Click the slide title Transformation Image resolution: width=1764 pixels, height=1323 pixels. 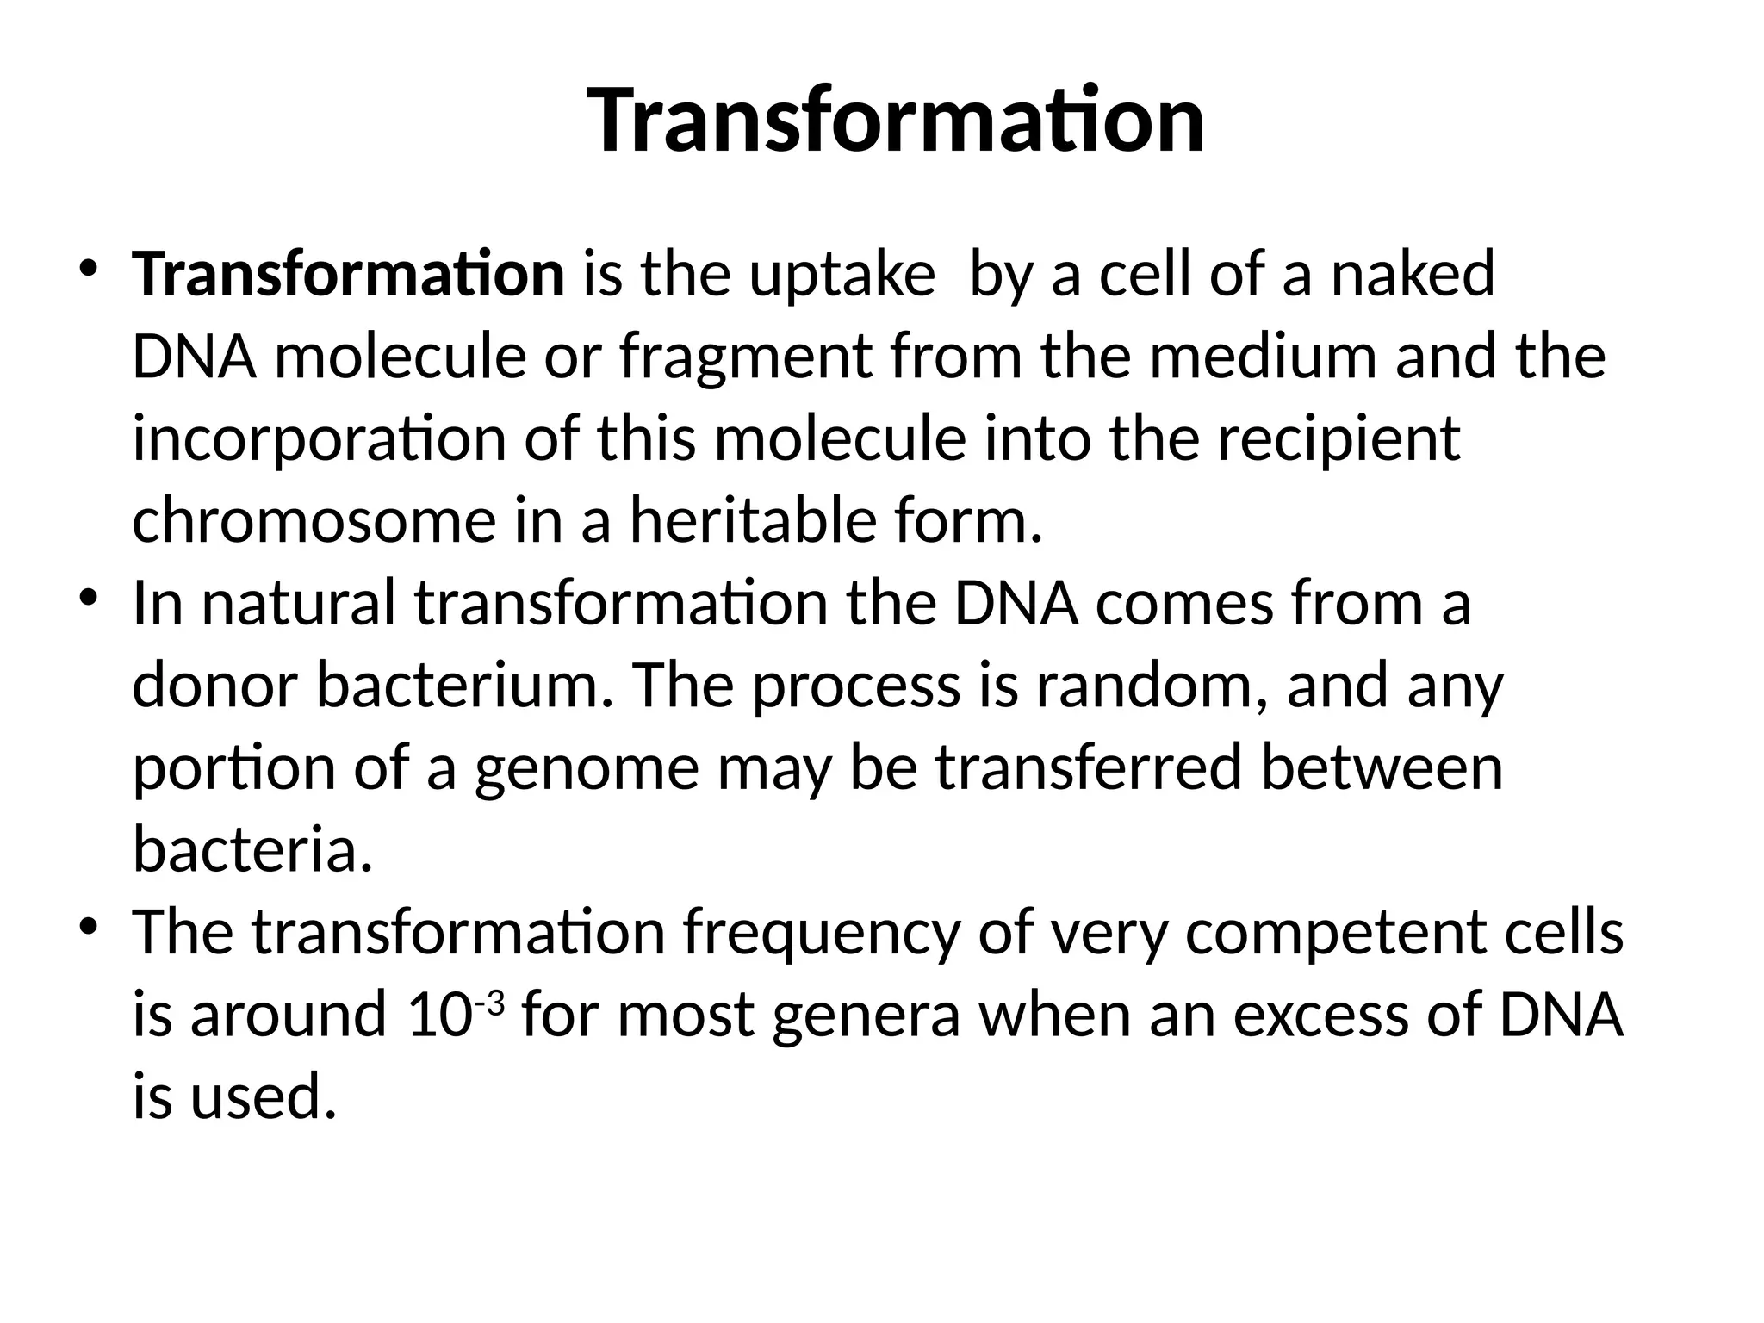coord(896,121)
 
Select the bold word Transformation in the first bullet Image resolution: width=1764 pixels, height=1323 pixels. coord(348,274)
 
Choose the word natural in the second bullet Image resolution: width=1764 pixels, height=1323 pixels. coord(298,603)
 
